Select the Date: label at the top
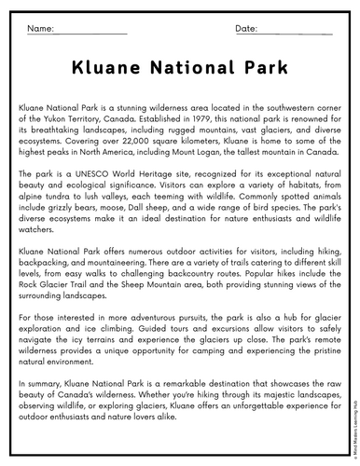(x=246, y=29)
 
